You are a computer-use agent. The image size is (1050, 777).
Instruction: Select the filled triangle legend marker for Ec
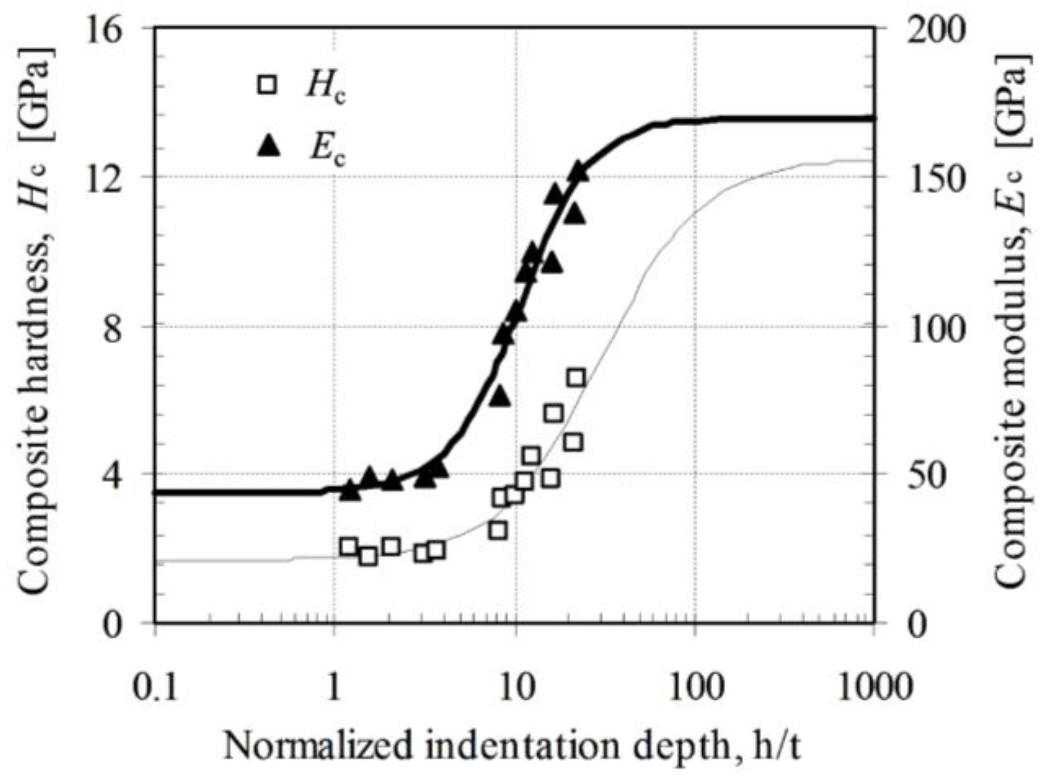click(x=268, y=146)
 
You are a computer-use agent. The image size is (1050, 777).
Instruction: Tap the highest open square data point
click(x=576, y=377)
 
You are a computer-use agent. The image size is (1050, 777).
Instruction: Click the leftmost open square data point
click(x=348, y=546)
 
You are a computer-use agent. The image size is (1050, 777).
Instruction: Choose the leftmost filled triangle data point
click(x=350, y=491)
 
